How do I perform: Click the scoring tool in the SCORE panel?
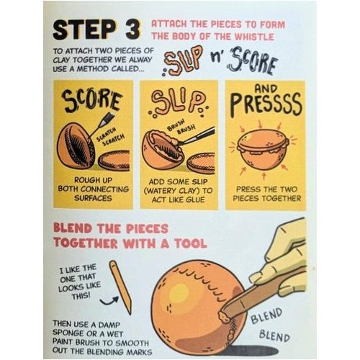tap(101, 125)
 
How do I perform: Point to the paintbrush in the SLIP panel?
tap(196, 136)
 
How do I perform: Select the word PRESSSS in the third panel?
tap(266, 105)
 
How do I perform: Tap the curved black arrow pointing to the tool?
tap(109, 301)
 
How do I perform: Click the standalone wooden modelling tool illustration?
tap(120, 287)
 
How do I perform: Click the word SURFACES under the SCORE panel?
tap(93, 198)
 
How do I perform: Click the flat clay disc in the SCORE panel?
tap(114, 161)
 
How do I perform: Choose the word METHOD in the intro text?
tap(96, 69)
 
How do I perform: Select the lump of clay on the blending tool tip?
tap(225, 317)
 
